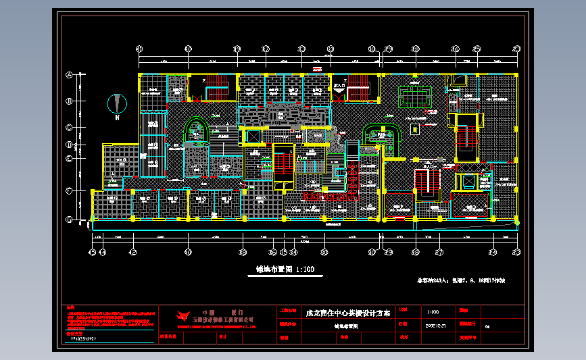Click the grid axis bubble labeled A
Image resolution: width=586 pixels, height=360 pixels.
[69, 76]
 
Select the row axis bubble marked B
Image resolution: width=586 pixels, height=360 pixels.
[69, 101]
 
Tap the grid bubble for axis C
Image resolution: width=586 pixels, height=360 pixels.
[69, 127]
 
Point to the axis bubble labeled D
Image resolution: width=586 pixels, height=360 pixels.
[69, 144]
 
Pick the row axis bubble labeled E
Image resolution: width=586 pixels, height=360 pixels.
[69, 158]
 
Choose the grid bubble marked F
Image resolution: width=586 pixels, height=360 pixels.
[69, 191]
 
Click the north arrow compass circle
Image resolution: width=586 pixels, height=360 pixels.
[118, 104]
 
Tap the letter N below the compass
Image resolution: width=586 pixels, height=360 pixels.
[117, 119]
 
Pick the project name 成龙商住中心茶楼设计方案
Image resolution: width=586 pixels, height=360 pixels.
[348, 313]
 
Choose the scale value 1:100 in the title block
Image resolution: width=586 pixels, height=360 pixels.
[433, 313]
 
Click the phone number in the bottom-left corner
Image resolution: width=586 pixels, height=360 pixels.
[88, 339]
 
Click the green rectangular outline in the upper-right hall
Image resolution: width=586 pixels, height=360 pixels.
[416, 97]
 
